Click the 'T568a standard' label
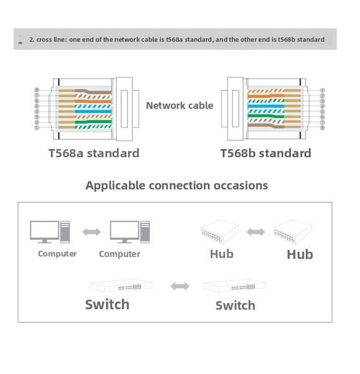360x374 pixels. (x=94, y=153)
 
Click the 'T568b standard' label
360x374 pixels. (x=265, y=153)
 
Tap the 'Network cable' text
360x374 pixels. (x=180, y=105)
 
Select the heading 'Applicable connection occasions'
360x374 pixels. (x=177, y=186)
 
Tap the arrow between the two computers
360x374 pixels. (x=92, y=232)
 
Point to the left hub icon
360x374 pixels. (x=219, y=232)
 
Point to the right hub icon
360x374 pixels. (x=292, y=232)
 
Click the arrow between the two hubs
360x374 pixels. (x=255, y=232)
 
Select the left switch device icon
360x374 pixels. (x=121, y=286)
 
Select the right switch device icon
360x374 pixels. (x=234, y=286)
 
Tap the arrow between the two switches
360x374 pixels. (x=180, y=286)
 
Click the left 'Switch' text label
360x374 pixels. (x=107, y=304)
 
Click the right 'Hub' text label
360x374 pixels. (x=300, y=254)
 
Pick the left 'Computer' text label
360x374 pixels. (x=57, y=254)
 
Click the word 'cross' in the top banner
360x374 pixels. (x=44, y=39)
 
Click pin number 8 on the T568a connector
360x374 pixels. (x=36, y=90)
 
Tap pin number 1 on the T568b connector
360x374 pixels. (x=322, y=90)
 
